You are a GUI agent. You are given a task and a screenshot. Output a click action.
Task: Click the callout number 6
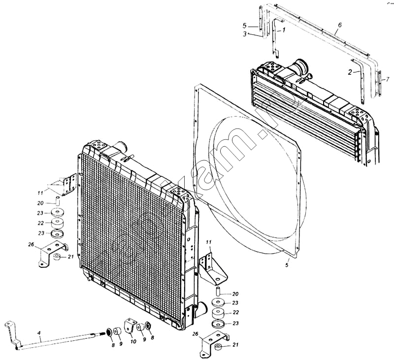coord(340,24)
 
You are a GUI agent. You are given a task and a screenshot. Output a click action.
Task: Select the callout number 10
coord(133,342)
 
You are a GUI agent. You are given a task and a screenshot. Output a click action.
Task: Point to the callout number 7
coord(387,79)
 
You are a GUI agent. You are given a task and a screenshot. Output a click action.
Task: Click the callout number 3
coord(245,33)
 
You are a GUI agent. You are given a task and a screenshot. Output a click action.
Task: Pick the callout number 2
coord(350,72)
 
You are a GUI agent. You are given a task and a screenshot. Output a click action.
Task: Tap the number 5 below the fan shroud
coord(287,265)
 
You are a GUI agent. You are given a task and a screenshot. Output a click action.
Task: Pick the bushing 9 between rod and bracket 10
coord(119,330)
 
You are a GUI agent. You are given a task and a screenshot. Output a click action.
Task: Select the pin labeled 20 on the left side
coord(57,200)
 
